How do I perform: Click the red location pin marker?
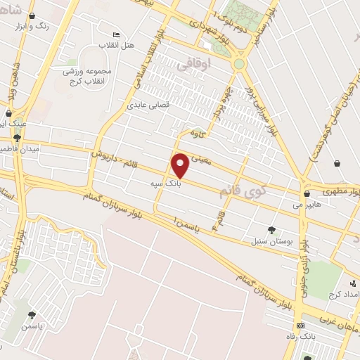coord(181,165)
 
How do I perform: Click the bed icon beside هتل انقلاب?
coord(117,35)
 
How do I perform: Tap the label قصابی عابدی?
coord(146,105)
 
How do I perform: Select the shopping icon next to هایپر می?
coord(307,193)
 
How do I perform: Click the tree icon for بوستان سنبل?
coord(271,229)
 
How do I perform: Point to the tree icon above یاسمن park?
coord(31,315)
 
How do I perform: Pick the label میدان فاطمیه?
coord(21,150)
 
